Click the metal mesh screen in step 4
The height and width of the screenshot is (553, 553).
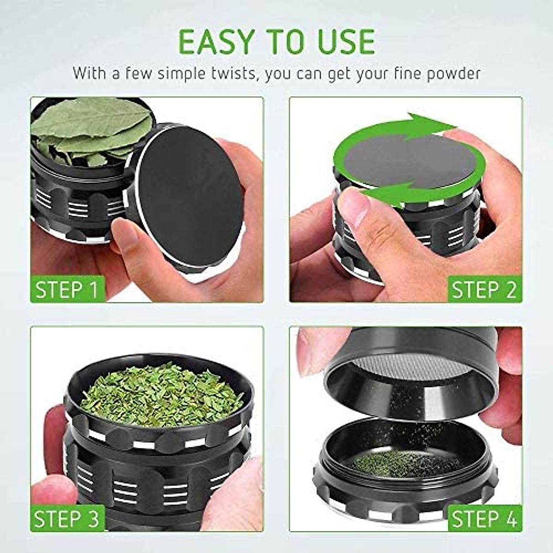click(x=410, y=369)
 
